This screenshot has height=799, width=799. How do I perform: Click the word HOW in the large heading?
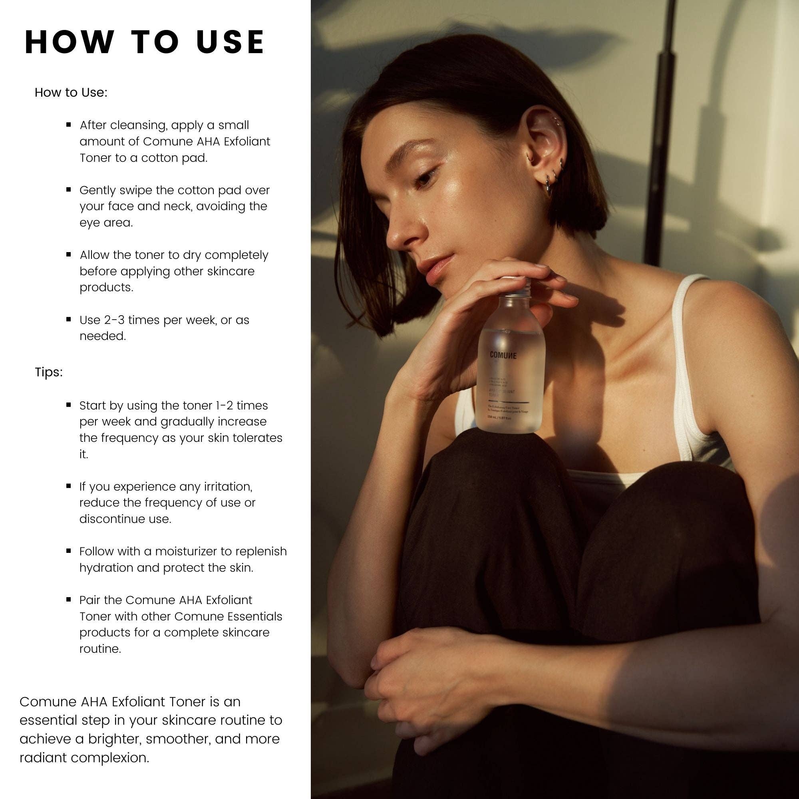[70, 42]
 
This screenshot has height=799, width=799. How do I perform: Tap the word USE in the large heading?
[231, 42]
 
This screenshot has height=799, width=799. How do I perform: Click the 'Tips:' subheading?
[49, 372]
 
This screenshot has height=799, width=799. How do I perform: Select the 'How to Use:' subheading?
[71, 92]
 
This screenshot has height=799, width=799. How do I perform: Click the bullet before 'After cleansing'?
[69, 125]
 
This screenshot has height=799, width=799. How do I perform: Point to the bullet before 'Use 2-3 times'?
[69, 319]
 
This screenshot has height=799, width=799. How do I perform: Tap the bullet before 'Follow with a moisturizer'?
[69, 551]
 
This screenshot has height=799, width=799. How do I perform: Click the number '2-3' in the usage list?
[112, 320]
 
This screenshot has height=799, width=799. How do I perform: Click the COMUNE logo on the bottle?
[503, 355]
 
